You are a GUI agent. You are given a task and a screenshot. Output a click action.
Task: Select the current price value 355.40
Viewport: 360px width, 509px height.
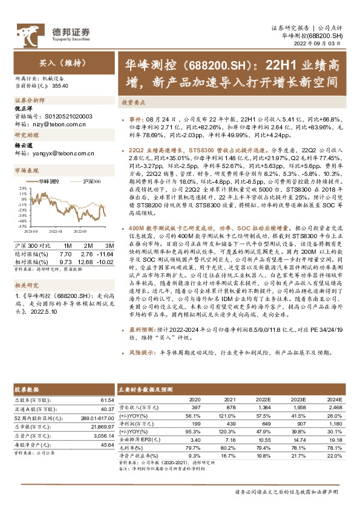(61, 86)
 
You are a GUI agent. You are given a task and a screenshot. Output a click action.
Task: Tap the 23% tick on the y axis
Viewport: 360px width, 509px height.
(21, 189)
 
